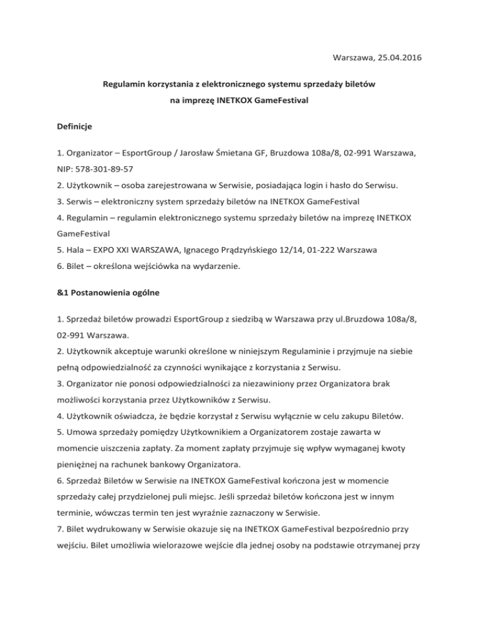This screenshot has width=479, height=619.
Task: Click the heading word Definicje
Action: pos(74,126)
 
